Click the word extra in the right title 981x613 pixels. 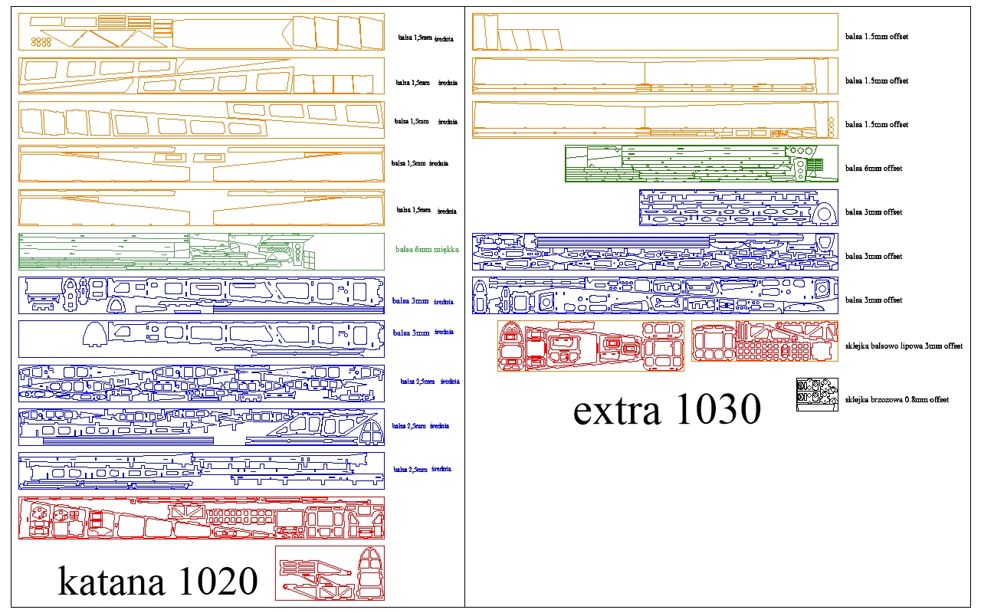(x=617, y=411)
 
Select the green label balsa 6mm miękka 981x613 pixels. (x=427, y=250)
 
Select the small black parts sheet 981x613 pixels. (x=816, y=394)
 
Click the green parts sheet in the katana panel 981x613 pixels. (x=202, y=251)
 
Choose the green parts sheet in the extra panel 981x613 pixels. (x=701, y=163)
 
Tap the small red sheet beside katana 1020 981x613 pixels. (x=330, y=572)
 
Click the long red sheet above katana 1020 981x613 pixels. (x=202, y=518)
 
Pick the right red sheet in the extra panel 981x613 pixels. (x=764, y=341)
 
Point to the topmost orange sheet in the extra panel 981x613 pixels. (x=655, y=31)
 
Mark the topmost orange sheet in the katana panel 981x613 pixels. (x=202, y=33)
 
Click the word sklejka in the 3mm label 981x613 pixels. (x=858, y=346)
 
